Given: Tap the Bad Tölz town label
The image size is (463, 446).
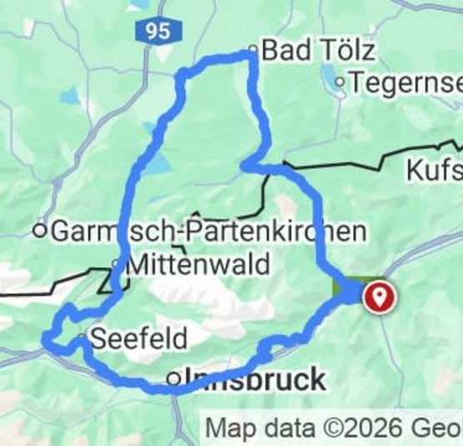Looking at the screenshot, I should click(318, 50).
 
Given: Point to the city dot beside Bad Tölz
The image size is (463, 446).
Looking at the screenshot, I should click(254, 49).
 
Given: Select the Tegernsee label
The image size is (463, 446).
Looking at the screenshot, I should click(406, 83).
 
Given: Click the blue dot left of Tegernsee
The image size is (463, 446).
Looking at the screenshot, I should click(340, 83).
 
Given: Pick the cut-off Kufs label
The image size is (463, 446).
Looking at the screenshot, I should click(434, 171).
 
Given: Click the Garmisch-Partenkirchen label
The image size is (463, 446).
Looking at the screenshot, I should click(209, 231).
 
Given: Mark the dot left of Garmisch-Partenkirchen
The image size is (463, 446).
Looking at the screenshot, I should click(39, 231).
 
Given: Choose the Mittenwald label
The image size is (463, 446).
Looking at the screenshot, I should click(199, 265).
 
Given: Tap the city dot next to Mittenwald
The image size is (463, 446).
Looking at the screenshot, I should click(117, 266).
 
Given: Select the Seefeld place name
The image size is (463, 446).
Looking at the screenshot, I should click(133, 338).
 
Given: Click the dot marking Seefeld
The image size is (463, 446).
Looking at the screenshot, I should click(81, 338).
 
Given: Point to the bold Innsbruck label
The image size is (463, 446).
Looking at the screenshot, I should click(254, 379).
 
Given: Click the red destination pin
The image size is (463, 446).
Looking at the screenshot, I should click(380, 296).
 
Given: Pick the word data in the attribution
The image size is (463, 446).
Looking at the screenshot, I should click(285, 428).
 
